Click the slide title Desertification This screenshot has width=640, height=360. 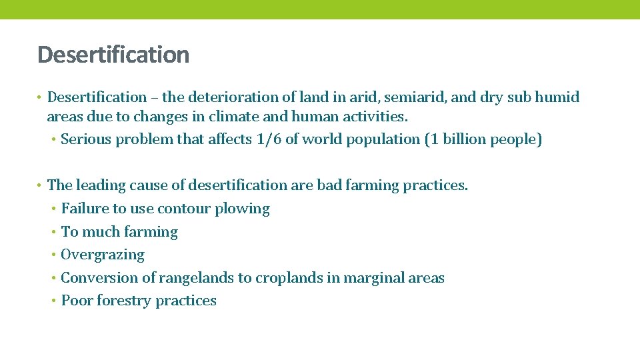113,55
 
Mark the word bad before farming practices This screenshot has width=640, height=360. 329,185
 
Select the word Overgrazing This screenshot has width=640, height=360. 103,255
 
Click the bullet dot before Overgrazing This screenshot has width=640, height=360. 53,255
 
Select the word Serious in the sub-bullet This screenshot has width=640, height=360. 87,139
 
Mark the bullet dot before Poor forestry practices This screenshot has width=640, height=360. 53,301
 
